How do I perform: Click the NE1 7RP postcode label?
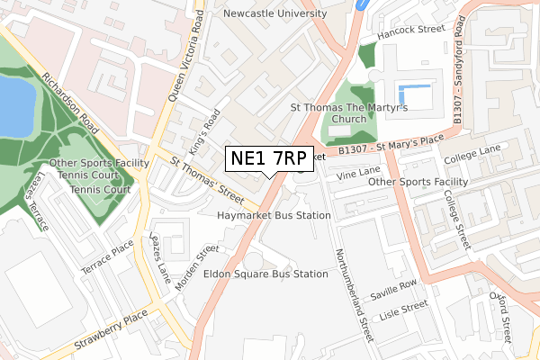tap(269, 158)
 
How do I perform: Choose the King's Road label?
tap(206, 130)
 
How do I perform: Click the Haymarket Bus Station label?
tap(274, 216)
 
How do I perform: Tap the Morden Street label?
tap(197, 267)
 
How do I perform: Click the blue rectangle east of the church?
tap(413, 92)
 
